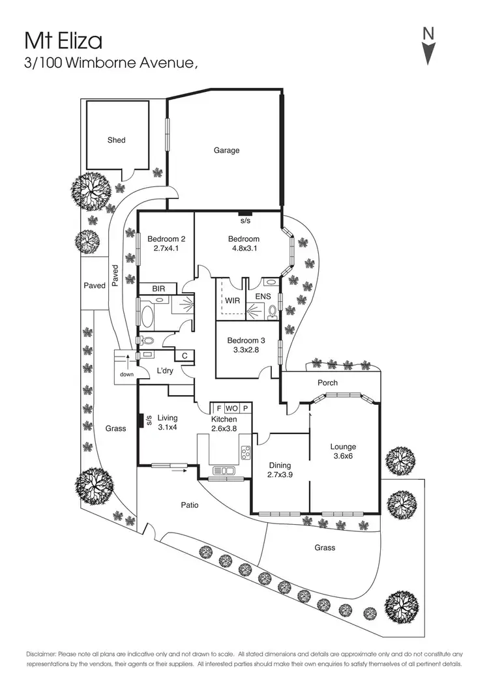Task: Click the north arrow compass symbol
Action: pos(428,46)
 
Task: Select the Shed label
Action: pos(117,140)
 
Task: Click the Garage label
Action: pos(226,151)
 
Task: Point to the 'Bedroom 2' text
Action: pos(162,239)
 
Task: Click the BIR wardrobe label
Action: pos(158,288)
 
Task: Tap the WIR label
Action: pos(231,301)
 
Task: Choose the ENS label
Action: pos(263,296)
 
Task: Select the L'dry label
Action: pos(165,372)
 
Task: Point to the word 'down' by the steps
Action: pos(127,375)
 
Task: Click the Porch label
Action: pos(327,383)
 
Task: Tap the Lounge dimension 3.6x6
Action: pos(343,457)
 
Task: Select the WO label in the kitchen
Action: pos(231,409)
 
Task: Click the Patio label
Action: pos(190,505)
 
